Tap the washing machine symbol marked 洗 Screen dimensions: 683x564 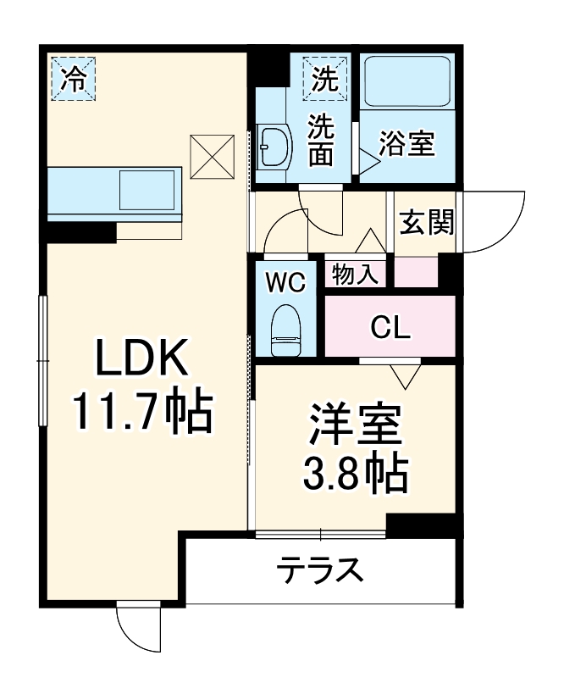pos(326,78)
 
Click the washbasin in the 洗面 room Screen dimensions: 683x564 pos(274,150)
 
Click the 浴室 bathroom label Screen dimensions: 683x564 pos(407,144)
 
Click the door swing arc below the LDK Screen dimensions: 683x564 pos(136,627)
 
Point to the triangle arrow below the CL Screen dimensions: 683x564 pos(406,374)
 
